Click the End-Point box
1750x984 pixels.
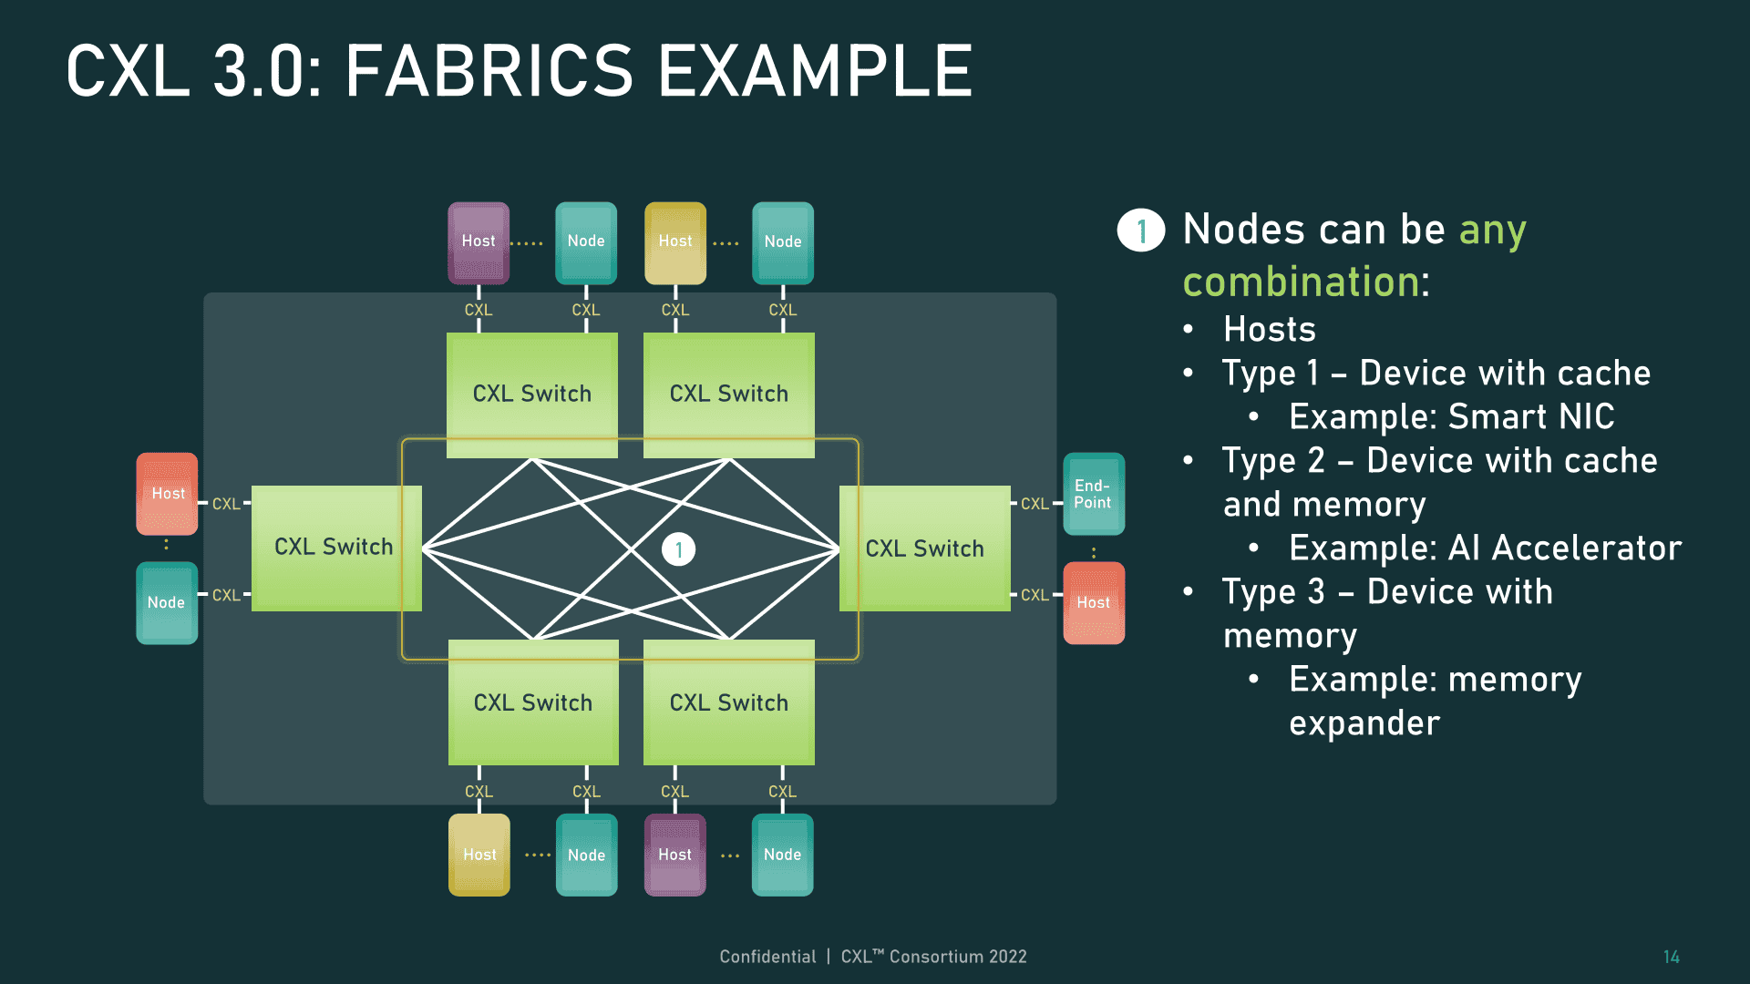point(1093,494)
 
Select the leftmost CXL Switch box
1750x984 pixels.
point(335,548)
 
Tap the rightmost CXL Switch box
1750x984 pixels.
point(924,548)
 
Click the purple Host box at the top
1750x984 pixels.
point(479,242)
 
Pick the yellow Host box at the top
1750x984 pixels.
point(675,242)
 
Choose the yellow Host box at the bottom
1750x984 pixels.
point(479,855)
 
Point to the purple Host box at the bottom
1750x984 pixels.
point(675,855)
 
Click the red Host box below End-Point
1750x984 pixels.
point(1093,603)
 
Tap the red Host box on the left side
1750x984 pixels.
point(168,494)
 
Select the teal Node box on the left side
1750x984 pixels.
point(167,603)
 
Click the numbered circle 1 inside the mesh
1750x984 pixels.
point(678,549)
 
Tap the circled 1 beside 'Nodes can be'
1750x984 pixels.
point(1141,231)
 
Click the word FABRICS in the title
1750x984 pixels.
point(489,72)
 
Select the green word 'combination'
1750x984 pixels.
point(1301,282)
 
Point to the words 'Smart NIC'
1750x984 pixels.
point(1531,417)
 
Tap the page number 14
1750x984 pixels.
point(1671,957)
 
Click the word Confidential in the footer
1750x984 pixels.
point(767,957)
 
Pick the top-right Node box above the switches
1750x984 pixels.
point(783,242)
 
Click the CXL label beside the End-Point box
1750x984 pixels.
point(1035,504)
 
